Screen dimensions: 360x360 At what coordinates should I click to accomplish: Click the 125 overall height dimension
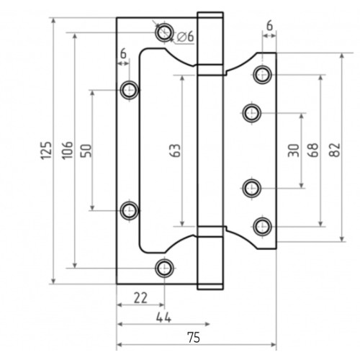point(46,150)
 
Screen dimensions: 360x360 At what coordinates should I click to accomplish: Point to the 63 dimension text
point(176,150)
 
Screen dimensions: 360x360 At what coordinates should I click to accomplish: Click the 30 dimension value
point(292,150)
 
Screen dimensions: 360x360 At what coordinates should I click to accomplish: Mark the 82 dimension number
point(334,150)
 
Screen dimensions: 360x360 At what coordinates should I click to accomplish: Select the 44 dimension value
point(164,317)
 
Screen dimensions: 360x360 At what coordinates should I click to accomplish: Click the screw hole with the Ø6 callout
point(165,31)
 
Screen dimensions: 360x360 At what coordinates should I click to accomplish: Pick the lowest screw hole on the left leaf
point(165,268)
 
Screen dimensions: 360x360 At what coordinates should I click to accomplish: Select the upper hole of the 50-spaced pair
point(130,89)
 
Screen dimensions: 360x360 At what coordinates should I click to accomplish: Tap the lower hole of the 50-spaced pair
point(130,210)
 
